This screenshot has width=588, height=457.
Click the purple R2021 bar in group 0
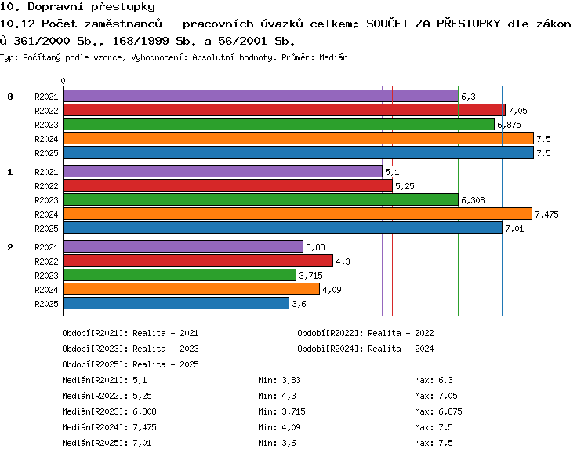coord(261,96)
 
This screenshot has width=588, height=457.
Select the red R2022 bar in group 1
coord(228,185)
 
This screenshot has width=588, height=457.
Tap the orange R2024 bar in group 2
coord(191,289)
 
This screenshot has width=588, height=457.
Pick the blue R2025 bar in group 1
coord(283,228)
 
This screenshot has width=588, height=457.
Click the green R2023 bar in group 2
coord(180,275)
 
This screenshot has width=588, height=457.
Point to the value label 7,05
coord(517,111)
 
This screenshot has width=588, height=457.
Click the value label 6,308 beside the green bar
coord(473,200)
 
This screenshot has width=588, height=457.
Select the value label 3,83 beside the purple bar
coord(315,247)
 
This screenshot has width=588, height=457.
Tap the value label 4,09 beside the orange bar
coord(332,290)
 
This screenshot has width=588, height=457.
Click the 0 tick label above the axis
coord(63,81)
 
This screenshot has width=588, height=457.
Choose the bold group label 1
coord(10,172)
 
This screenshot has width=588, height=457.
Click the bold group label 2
coord(10,247)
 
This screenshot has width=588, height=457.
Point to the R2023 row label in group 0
coord(46,125)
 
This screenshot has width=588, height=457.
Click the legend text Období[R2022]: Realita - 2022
coord(365,333)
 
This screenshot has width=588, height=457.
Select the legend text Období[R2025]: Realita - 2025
coord(130,364)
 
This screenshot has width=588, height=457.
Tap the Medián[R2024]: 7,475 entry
coord(109,427)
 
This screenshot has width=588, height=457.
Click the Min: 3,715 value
coord(281,411)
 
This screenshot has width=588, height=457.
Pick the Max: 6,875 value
coord(438,411)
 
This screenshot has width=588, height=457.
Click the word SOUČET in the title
coord(387,24)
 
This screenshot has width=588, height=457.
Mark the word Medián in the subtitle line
coord(333,57)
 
